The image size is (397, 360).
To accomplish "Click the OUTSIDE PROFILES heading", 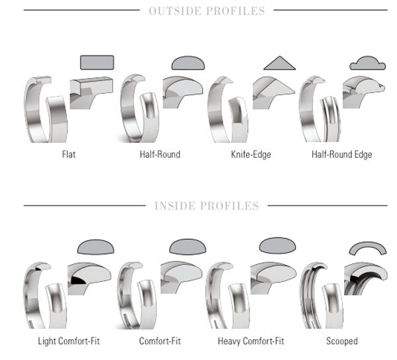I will pos(206,11).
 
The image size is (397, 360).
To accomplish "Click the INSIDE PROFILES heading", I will pos(206,206).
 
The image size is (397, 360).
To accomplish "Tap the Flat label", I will pos(68,155).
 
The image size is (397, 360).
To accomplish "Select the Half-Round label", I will pos(159,155).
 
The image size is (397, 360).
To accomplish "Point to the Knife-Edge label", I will pos(251,155).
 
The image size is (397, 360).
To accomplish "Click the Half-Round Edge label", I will pos(341,155).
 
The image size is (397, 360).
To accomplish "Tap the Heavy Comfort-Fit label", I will pos(251,341).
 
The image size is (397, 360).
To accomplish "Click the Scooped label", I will pos(341,341).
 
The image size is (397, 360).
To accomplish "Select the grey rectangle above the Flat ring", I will pos(97,62).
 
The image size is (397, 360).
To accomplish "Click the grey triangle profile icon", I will pos(279,63).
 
